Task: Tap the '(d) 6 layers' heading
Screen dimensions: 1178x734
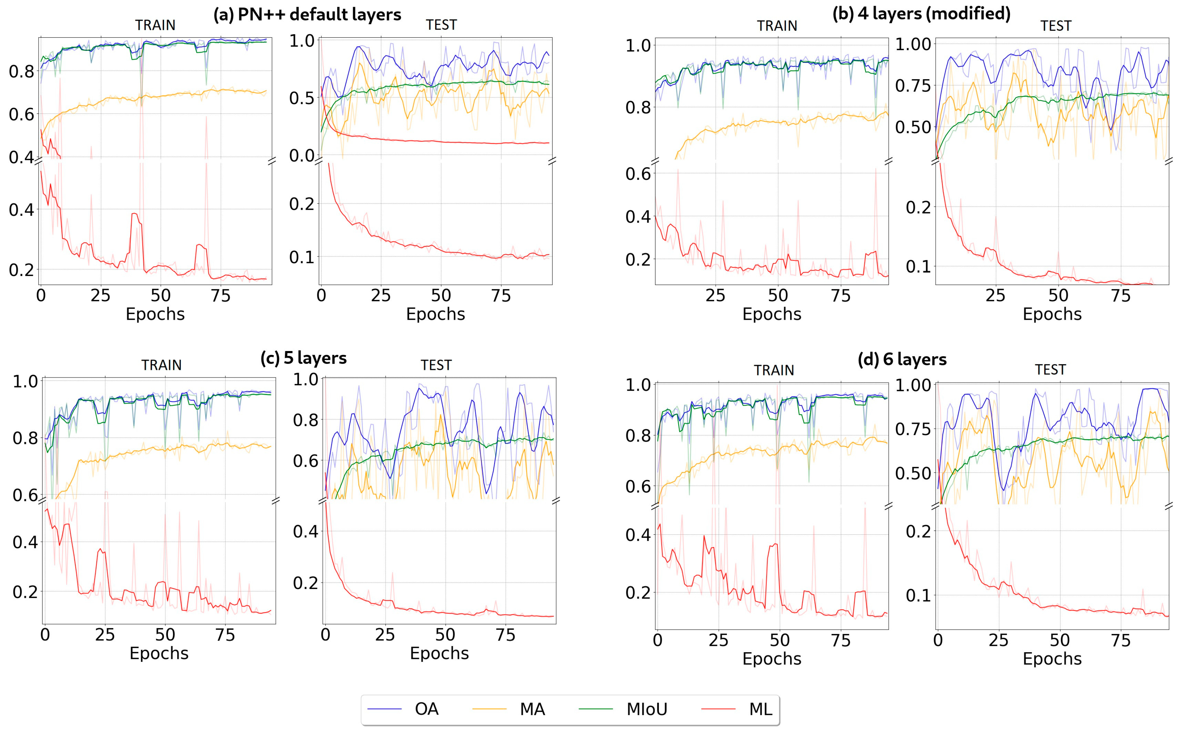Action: click(x=902, y=359)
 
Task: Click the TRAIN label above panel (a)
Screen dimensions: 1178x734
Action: click(x=155, y=25)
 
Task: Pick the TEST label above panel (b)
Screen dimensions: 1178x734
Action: click(x=1056, y=26)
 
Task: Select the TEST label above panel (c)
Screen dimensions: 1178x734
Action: click(x=436, y=365)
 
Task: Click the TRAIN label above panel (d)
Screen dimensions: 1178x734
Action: click(x=774, y=371)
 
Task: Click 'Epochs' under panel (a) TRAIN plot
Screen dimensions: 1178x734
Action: click(x=155, y=314)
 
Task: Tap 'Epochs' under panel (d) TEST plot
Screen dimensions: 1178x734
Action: click(x=1052, y=658)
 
